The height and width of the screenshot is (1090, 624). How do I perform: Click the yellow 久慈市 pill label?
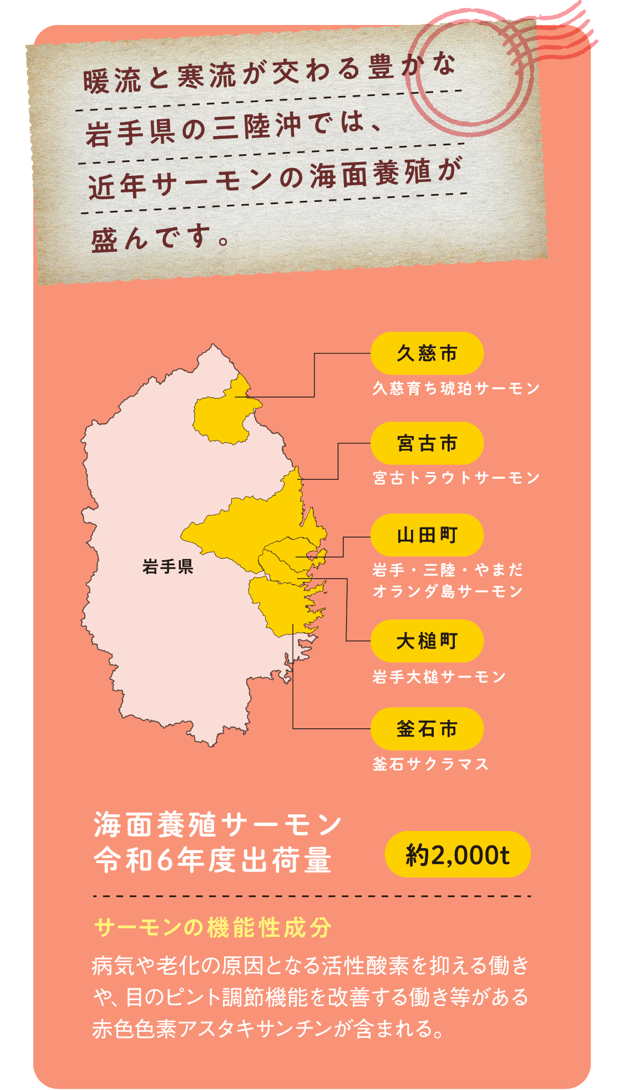pos(427,353)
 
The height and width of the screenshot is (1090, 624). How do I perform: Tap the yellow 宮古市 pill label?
pos(427,443)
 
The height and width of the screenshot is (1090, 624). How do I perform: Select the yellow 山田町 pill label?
pos(427,535)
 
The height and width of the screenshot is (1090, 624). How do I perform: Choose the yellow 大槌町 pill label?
pos(427,641)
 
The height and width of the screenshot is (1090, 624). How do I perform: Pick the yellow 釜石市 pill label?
pos(427,728)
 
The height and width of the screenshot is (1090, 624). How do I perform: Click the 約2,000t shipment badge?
pos(458,854)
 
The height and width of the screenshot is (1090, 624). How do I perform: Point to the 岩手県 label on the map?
pos(168,567)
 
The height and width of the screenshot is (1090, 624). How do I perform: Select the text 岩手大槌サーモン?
pos(439,677)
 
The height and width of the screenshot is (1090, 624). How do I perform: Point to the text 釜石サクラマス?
pos(430,764)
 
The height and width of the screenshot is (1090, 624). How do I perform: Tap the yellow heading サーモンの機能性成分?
pos(213,927)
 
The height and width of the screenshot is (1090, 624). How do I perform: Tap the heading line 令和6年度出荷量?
pos(213,860)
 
